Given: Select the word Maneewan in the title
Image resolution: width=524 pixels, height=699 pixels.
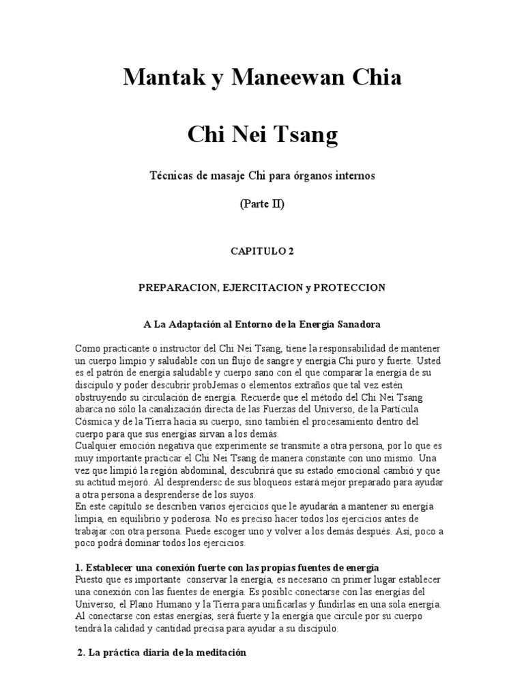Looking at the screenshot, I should pyautogui.click(x=286, y=79).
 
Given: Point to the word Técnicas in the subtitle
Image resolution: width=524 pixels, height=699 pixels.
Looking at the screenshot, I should pyautogui.click(x=171, y=176).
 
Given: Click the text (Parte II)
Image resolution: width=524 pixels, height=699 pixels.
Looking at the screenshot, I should pyautogui.click(x=263, y=205).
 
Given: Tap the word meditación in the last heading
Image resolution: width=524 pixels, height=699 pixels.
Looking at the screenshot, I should pyautogui.click(x=218, y=653).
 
